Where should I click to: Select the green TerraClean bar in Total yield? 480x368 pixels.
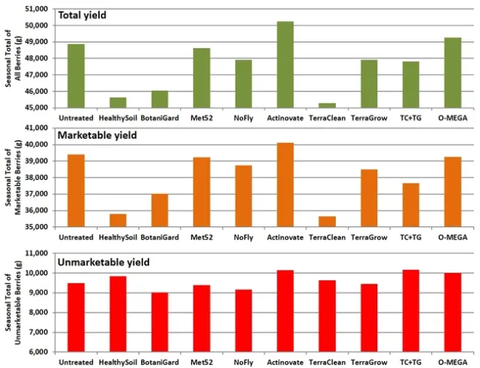click(326, 105)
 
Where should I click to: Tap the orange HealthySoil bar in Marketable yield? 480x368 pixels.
click(118, 220)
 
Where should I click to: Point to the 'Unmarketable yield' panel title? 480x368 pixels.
click(104, 262)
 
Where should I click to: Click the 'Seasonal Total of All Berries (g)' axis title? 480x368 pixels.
click(13, 58)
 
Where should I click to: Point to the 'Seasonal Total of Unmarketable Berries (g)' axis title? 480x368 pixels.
click(13, 304)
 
